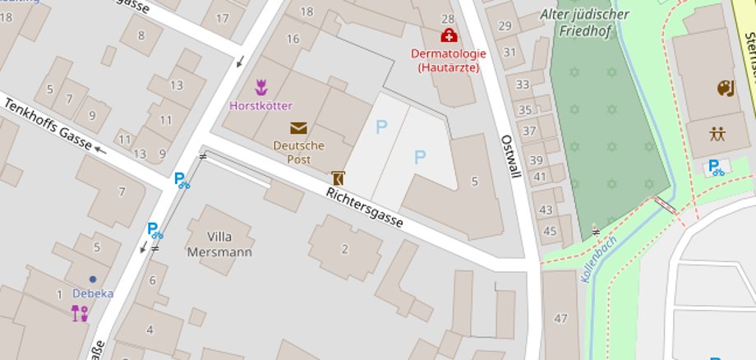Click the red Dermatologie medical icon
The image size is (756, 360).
click(x=449, y=35)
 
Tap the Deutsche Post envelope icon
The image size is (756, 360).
click(x=297, y=128)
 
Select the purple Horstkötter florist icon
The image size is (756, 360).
click(x=261, y=86)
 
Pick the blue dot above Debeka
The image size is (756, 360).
click(x=92, y=279)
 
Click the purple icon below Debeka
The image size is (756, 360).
click(x=80, y=312)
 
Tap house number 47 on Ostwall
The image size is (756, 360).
click(x=561, y=318)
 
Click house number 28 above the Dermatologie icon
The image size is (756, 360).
click(x=448, y=18)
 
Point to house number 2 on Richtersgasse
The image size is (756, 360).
click(x=344, y=249)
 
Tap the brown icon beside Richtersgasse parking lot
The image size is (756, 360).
click(x=337, y=177)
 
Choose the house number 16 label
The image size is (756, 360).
click(x=293, y=39)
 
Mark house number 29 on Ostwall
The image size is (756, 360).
click(x=505, y=27)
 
